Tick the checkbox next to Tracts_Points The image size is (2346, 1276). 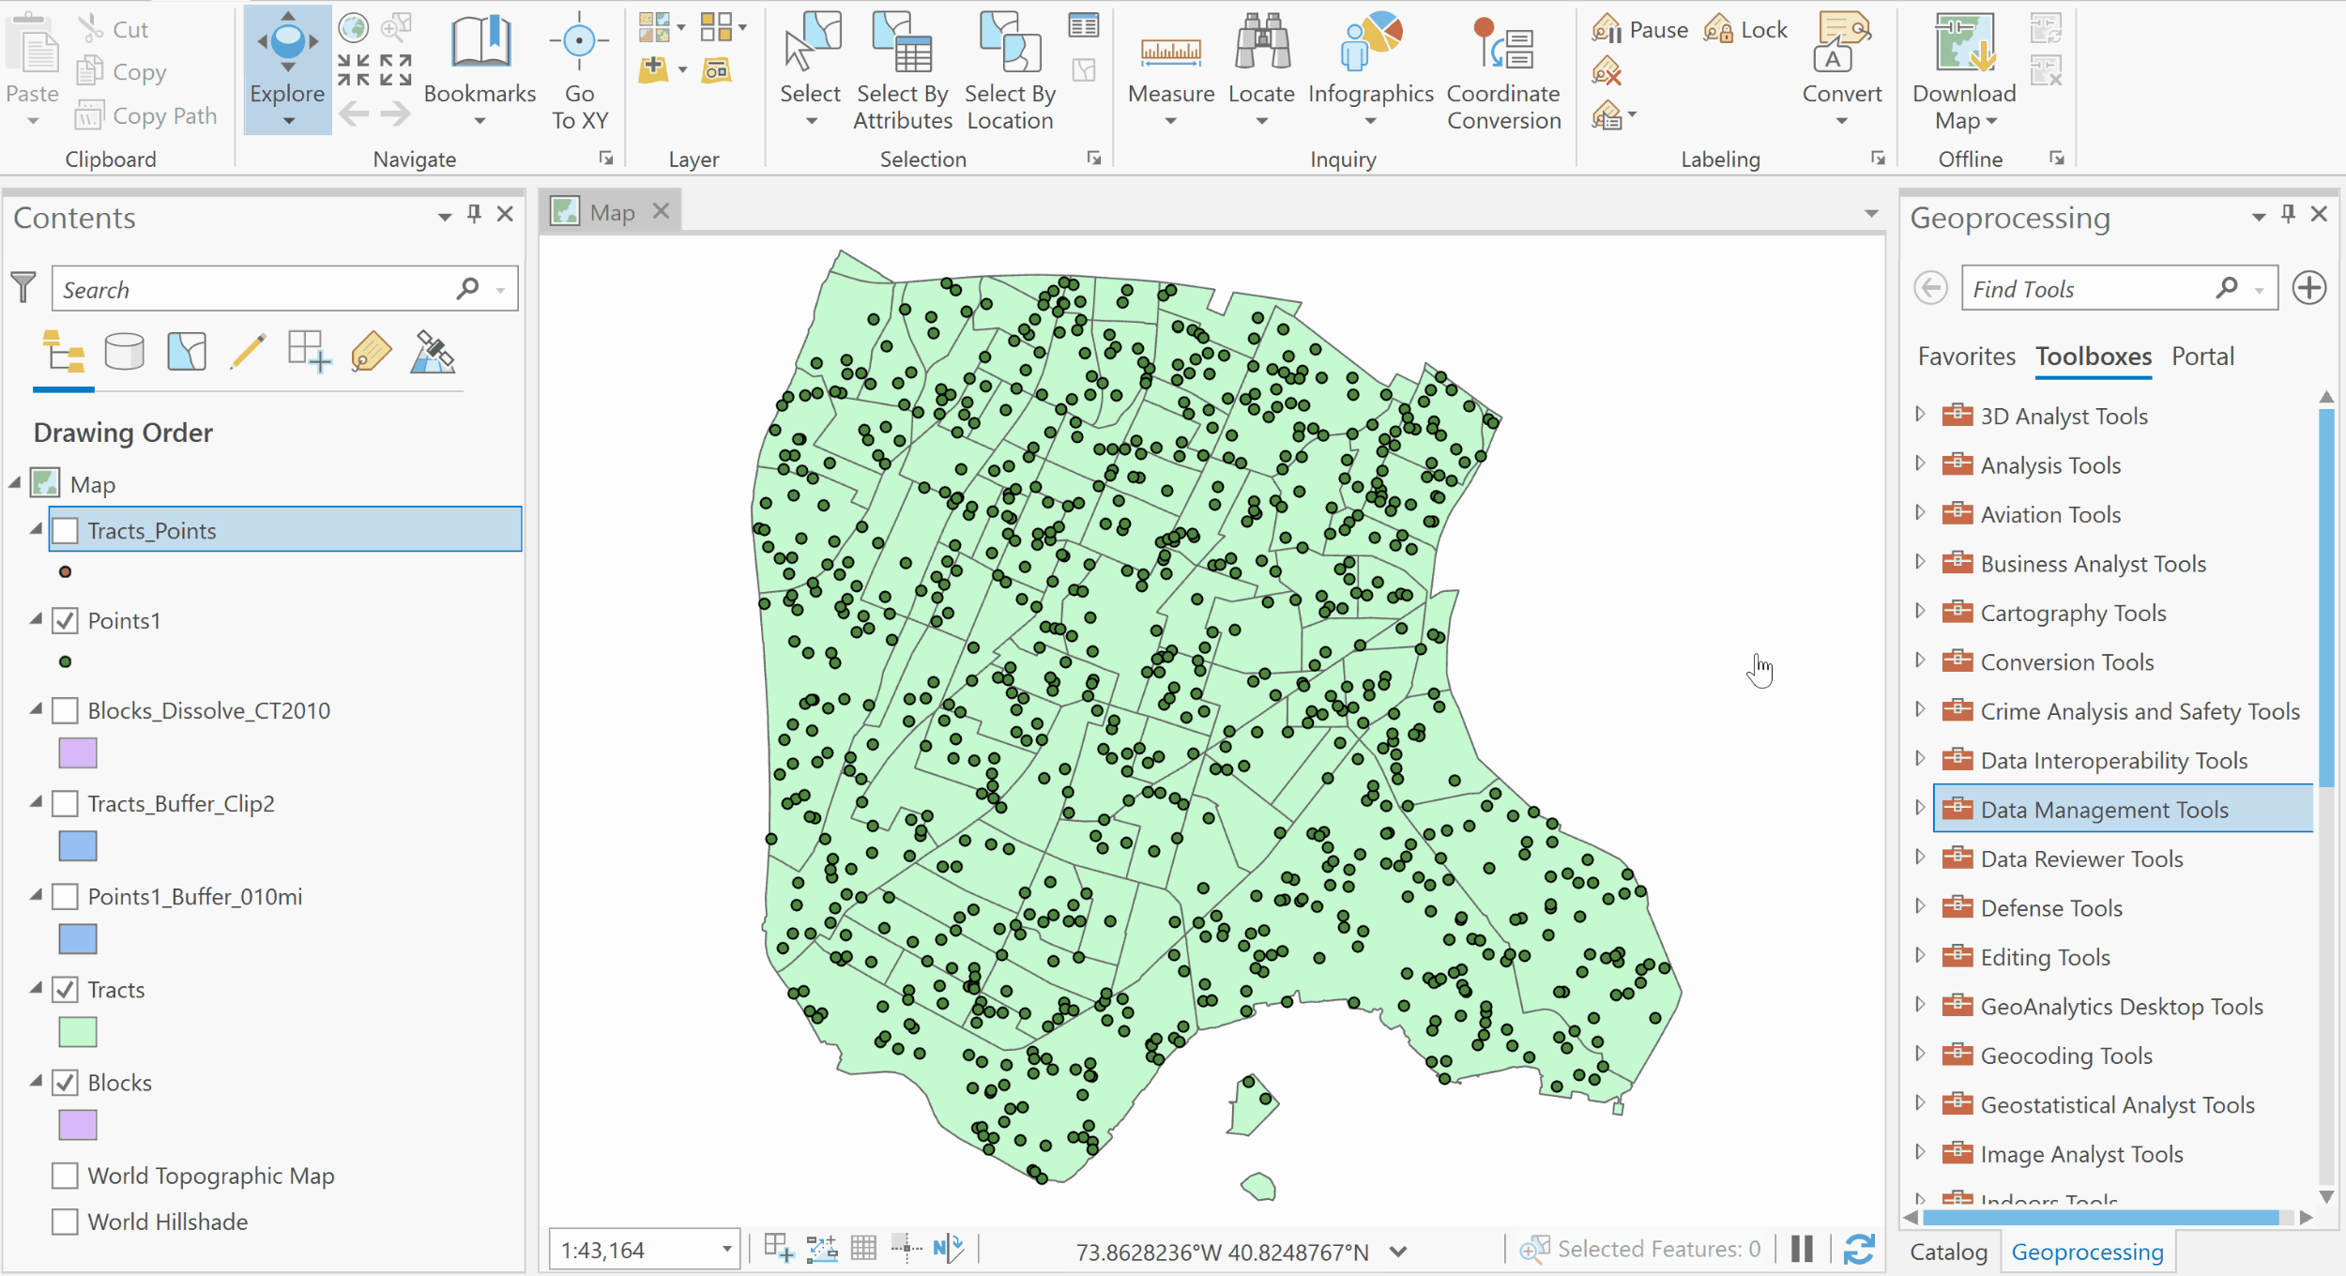point(65,531)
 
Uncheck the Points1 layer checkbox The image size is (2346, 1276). point(65,621)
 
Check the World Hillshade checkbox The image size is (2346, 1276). point(65,1222)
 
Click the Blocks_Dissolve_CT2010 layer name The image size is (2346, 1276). point(208,711)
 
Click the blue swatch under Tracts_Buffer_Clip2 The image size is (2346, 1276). point(78,846)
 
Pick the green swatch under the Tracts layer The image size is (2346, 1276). point(78,1032)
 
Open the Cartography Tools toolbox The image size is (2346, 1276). point(2073,614)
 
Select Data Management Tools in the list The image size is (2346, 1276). point(2104,810)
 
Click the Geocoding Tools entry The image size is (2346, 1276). point(2065,1056)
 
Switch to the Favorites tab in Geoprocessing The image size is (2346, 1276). point(1966,357)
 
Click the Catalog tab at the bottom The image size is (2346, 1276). point(1948,1252)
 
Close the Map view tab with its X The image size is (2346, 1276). point(662,211)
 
